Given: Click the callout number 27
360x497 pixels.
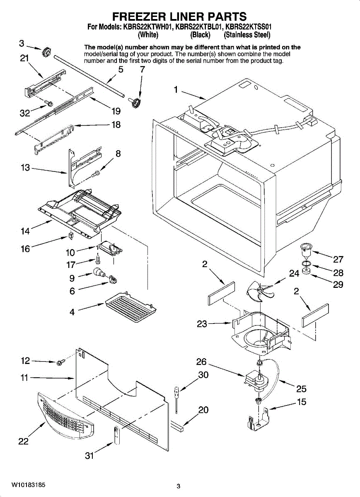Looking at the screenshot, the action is click(x=338, y=259).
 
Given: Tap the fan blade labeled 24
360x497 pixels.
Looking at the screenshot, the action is click(x=260, y=291).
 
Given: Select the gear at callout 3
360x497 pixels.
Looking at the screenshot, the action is click(x=46, y=53).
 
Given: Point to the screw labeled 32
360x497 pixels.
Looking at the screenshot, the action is click(x=48, y=103).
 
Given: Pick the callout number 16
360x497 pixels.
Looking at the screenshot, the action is click(x=25, y=249).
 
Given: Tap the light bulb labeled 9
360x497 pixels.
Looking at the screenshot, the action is click(x=99, y=272).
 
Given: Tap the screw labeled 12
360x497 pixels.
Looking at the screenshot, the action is click(x=60, y=362).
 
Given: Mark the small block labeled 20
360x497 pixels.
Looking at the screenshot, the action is click(x=177, y=426).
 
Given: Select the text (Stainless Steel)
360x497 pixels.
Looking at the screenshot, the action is click(x=247, y=35).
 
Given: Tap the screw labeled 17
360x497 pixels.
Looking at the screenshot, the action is click(x=98, y=259).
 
